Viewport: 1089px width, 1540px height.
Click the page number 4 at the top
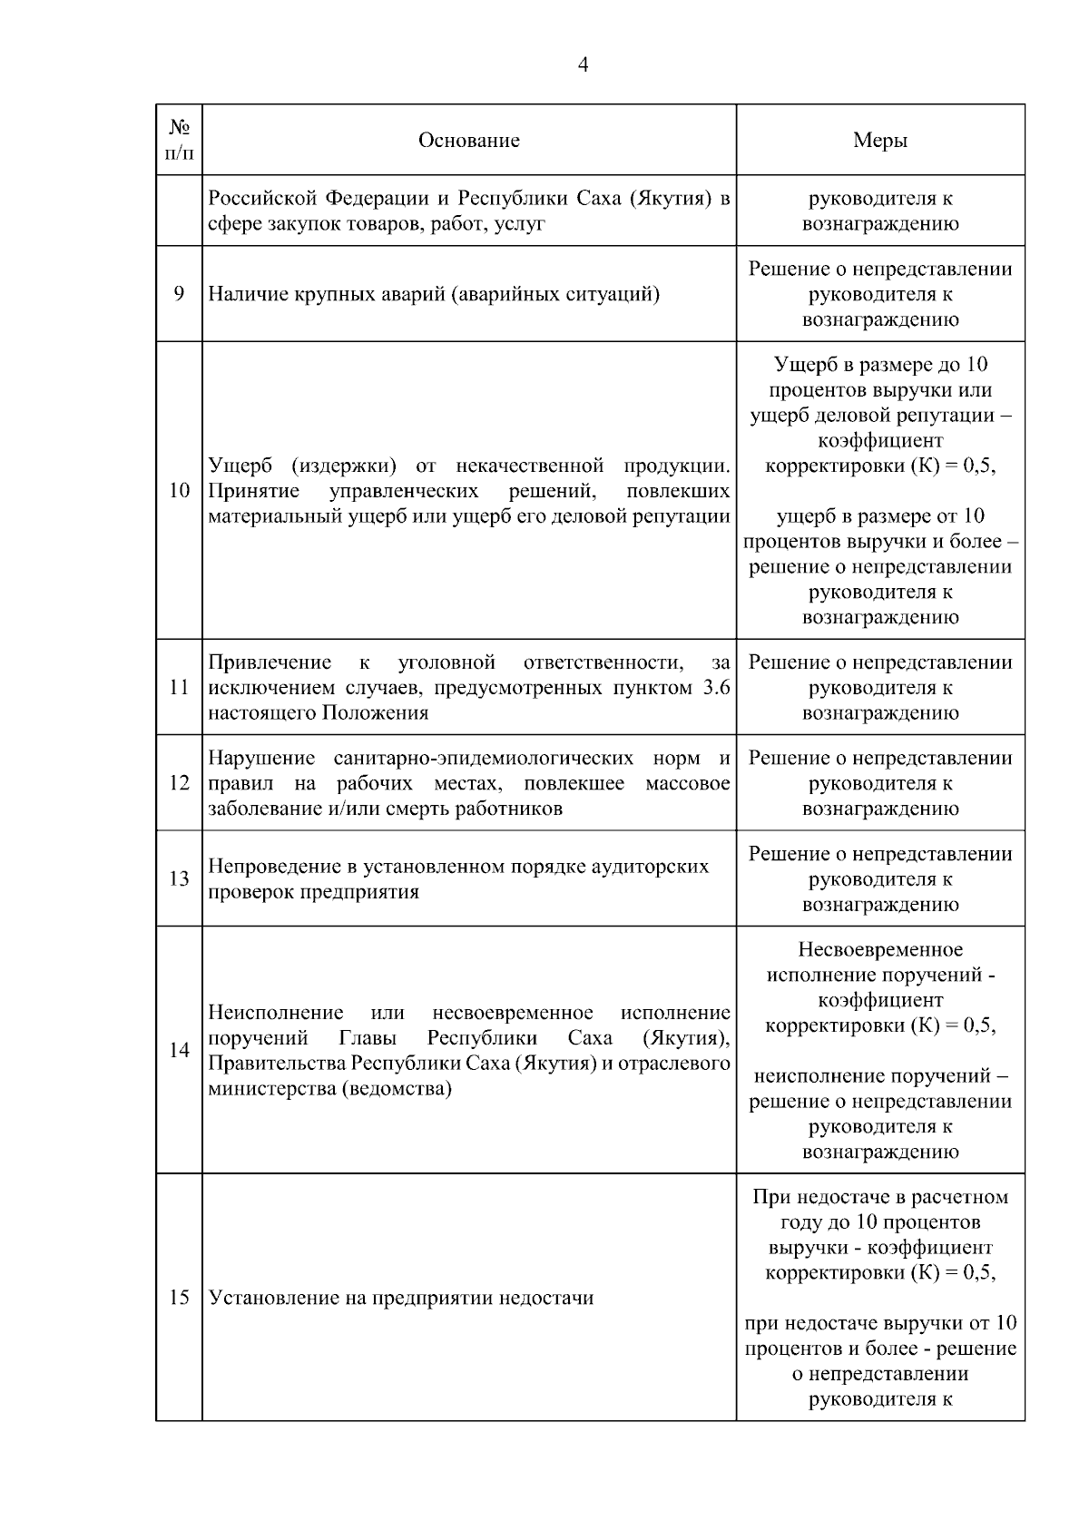[583, 65]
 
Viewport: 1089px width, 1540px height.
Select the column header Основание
[468, 140]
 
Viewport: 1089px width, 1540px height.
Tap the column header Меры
[879, 140]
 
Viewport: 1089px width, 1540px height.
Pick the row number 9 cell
[179, 294]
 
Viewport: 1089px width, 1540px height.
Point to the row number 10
[179, 491]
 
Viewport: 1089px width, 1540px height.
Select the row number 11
[179, 688]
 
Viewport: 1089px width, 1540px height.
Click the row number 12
[179, 783]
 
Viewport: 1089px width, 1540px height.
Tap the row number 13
[179, 878]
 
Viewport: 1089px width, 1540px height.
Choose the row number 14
[179, 1050]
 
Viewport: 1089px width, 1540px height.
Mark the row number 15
[179, 1298]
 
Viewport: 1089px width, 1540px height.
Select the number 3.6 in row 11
[716, 688]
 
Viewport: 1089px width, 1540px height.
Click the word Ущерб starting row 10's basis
[240, 466]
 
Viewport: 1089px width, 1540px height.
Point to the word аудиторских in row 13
[652, 867]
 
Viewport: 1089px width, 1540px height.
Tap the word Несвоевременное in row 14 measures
[880, 950]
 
